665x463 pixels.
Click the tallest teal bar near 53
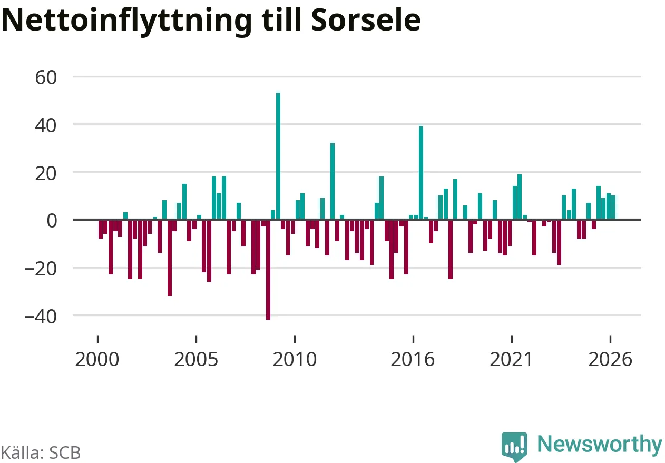(x=278, y=156)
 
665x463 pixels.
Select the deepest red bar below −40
(x=268, y=270)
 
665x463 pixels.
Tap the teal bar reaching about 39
(x=421, y=173)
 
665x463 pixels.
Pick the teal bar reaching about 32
(x=332, y=181)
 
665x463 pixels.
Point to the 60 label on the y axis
(x=46, y=78)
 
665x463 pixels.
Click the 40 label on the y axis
(x=46, y=125)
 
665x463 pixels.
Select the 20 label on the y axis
(x=46, y=174)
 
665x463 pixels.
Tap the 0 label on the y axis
(x=52, y=221)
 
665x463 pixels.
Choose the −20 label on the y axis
(x=41, y=269)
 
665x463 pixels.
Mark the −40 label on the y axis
(x=41, y=317)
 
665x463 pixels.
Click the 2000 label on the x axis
(x=97, y=359)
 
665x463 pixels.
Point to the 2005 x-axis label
(x=196, y=359)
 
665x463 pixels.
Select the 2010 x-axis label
(x=295, y=359)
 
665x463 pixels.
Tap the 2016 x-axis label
(x=413, y=359)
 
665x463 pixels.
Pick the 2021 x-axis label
(x=511, y=359)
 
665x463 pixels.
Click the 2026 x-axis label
(x=610, y=359)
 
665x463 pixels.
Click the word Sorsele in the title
(x=366, y=20)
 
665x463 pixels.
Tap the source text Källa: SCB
(x=41, y=452)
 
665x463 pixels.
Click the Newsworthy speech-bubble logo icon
(x=514, y=446)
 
